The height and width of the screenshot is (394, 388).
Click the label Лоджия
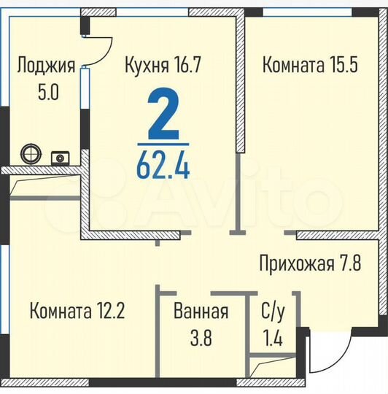[45, 66]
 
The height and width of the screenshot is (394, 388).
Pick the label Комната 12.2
[78, 312]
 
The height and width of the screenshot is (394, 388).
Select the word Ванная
[201, 312]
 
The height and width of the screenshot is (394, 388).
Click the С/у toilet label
[273, 312]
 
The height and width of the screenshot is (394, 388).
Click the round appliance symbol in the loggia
[32, 154]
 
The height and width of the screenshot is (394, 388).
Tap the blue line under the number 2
[163, 144]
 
